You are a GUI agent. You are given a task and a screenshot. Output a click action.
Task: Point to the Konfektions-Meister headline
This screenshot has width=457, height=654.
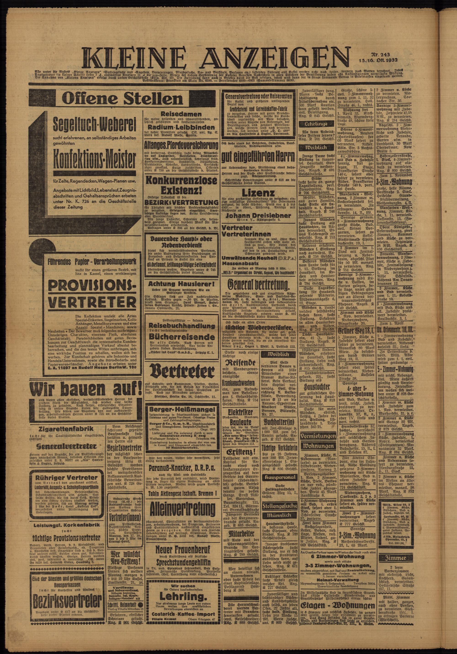[x=94, y=161]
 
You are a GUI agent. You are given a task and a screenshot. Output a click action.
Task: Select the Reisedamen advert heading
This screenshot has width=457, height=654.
[x=181, y=113]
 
